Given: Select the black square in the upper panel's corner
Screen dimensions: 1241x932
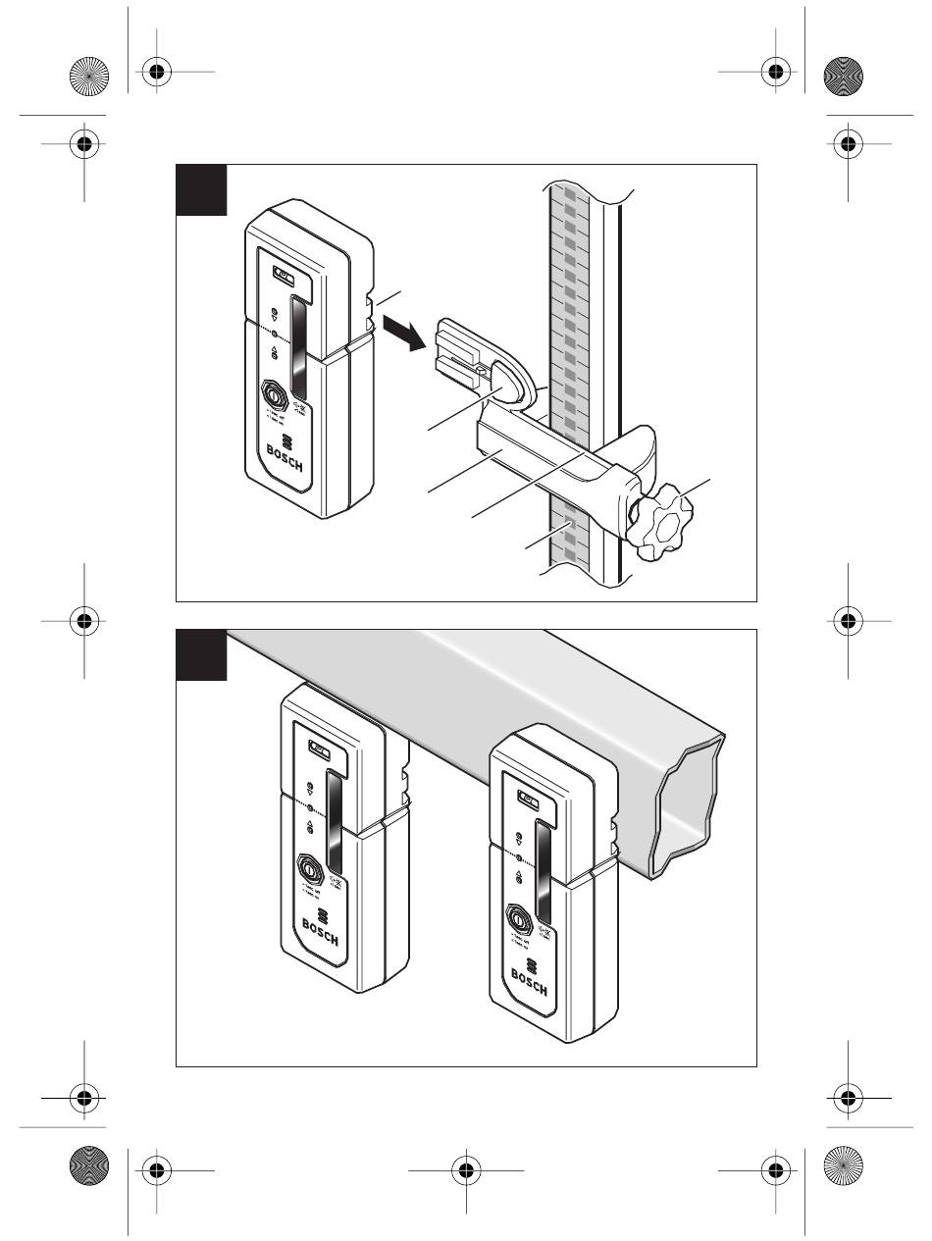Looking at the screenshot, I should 201,189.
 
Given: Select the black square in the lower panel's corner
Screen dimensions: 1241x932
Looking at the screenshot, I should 201,654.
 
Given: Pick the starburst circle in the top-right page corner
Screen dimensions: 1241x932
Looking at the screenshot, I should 846,74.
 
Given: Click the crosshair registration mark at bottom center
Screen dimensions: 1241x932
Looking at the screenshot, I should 465,1168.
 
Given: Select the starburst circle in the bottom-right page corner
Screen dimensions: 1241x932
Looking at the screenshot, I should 846,1168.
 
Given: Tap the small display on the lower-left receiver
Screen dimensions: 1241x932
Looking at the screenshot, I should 320,749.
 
